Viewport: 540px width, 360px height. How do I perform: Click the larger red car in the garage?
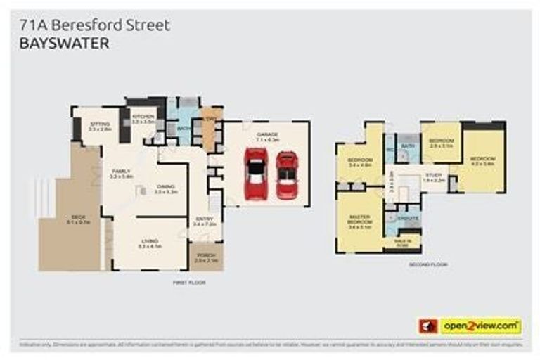(255, 174)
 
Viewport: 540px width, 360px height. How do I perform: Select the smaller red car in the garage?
(286, 175)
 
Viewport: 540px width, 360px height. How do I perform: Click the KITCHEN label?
(143, 117)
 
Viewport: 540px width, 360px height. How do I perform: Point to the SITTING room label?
(101, 124)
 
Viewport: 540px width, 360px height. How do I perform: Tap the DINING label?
(165, 186)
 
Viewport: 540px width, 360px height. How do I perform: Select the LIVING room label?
(150, 243)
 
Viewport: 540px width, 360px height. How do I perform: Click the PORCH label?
(206, 255)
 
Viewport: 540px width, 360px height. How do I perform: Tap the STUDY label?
(432, 175)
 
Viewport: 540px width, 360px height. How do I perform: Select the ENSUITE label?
(409, 219)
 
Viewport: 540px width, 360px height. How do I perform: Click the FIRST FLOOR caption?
(188, 281)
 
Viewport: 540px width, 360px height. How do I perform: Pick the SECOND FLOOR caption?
(427, 264)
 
